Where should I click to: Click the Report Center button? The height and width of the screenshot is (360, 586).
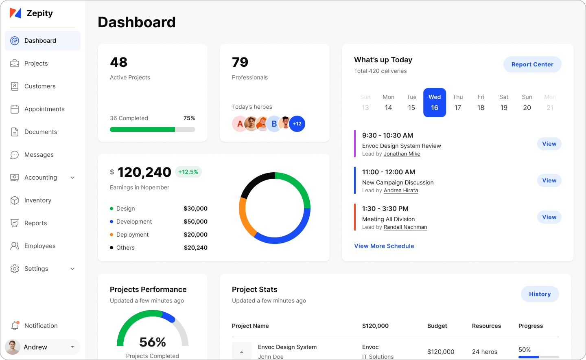(532, 64)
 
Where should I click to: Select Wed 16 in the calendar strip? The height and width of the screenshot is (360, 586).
(435, 103)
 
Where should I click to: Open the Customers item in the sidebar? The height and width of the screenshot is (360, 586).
(40, 86)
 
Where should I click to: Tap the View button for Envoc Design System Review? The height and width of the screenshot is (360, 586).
(549, 144)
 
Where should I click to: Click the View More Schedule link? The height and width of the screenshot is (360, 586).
(384, 246)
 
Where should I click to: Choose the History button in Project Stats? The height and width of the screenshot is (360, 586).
(540, 294)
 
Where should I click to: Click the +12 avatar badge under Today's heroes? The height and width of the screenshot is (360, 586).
(297, 124)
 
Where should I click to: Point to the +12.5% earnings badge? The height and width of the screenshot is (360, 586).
(188, 172)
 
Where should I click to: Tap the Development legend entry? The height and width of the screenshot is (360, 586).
(134, 222)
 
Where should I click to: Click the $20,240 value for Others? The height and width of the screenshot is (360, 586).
(196, 248)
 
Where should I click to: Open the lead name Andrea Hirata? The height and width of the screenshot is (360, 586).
(401, 191)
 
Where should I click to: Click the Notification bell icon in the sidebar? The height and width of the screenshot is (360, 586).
(15, 326)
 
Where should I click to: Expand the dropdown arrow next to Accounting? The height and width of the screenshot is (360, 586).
(72, 178)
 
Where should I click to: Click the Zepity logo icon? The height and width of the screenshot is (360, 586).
(15, 13)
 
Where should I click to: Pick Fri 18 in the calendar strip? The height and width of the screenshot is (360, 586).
(481, 103)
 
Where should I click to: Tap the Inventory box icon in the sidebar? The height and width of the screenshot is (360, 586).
(15, 200)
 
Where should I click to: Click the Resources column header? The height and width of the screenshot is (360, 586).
(486, 326)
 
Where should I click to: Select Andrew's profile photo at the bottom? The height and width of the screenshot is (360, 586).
(13, 347)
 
